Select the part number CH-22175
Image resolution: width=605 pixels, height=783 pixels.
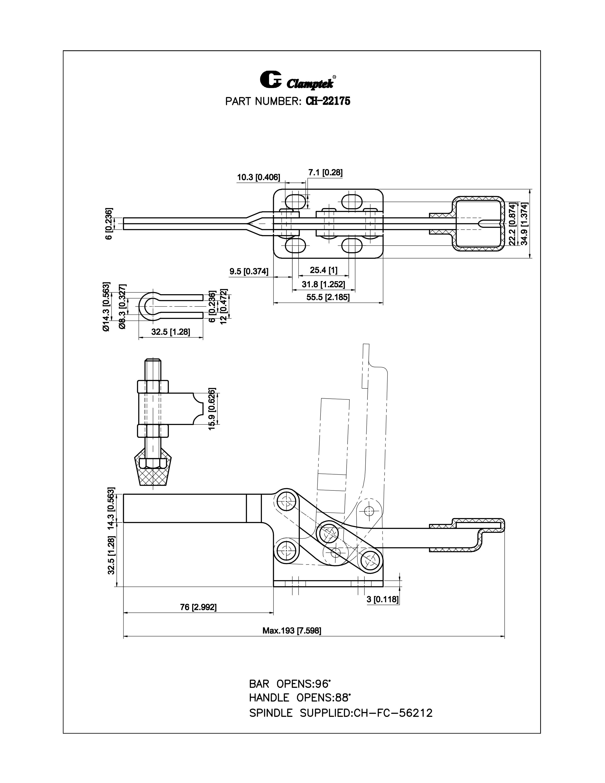click(x=328, y=102)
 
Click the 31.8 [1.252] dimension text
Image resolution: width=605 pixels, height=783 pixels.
click(x=323, y=284)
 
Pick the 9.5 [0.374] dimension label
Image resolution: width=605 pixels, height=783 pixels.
click(x=249, y=271)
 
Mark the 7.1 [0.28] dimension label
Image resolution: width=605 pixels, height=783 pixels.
click(x=325, y=173)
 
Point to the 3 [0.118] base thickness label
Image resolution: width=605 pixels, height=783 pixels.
click(x=382, y=599)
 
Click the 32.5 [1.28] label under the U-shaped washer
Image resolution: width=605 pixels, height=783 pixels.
click(x=170, y=332)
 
